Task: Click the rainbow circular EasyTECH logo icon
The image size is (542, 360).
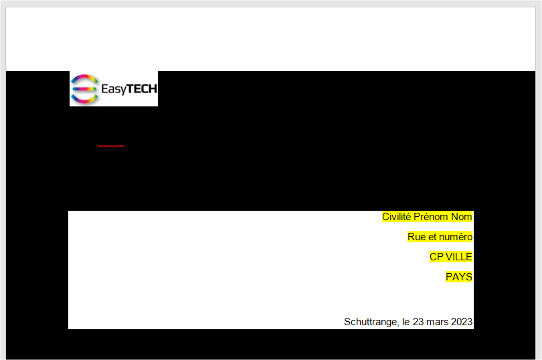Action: pos(84,89)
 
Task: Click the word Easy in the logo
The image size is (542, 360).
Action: pos(114,90)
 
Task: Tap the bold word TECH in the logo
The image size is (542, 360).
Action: pos(142,89)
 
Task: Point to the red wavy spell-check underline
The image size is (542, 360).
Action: pos(110,147)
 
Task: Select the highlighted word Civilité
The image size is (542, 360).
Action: pos(397,217)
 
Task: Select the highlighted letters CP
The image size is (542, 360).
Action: pos(436,257)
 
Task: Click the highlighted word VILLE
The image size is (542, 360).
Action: pos(459,257)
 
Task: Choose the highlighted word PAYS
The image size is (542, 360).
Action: pos(459,277)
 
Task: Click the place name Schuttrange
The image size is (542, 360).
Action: pos(371,322)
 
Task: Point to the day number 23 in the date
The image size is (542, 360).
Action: pos(418,322)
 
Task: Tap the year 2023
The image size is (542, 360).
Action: pos(462,322)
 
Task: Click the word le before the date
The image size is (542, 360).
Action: pos(405,322)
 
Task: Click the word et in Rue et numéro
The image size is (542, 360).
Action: pos(431,238)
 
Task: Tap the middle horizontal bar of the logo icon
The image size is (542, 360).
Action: pos(84,89)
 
